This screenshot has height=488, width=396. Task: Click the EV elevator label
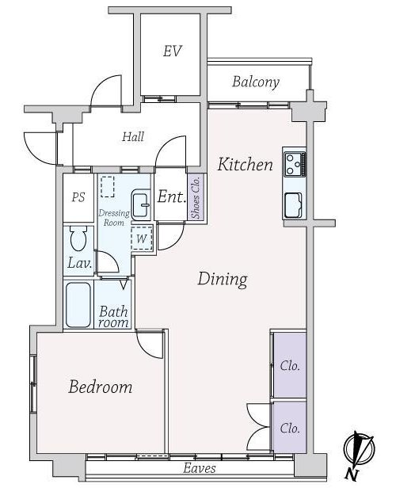coord(173,51)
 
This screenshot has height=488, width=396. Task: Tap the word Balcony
coord(256,82)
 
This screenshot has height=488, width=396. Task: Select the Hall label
coord(133,136)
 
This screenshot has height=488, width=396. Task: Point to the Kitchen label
coord(246,164)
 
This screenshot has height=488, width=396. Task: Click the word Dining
coord(223,279)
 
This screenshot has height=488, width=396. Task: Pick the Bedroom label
coord(100,387)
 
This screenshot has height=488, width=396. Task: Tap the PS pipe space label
coord(78,197)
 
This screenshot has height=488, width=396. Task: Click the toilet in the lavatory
coord(78,238)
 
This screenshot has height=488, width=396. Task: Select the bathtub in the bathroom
coord(78,305)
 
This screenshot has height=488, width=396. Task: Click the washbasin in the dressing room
coord(141,204)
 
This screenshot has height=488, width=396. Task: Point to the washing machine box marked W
coord(142,238)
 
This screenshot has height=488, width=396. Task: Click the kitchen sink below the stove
coord(293,205)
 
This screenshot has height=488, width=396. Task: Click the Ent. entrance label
coord(172,196)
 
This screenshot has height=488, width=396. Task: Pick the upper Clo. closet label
coord(290,366)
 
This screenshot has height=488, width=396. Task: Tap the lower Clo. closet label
coord(290,429)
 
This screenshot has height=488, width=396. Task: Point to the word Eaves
coord(200,468)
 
